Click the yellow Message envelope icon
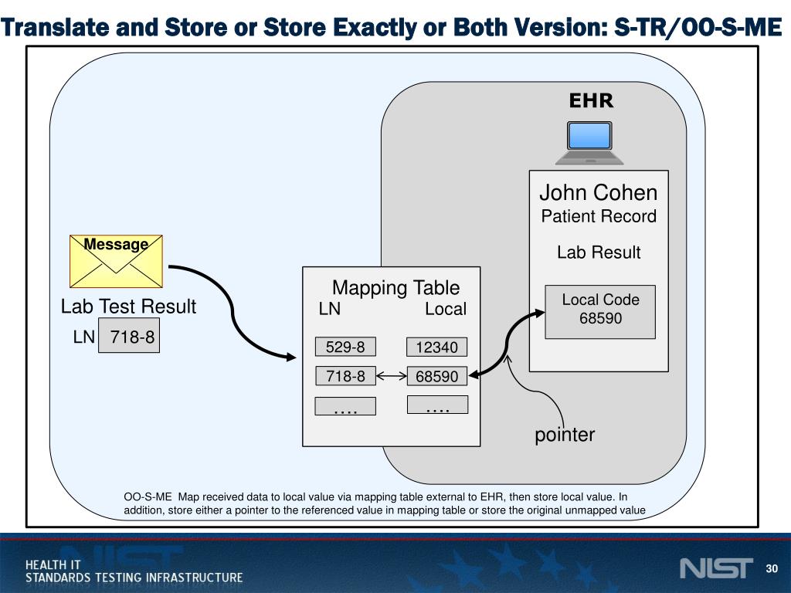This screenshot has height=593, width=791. [117, 261]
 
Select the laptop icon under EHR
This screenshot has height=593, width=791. [590, 143]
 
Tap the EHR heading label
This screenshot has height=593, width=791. [591, 101]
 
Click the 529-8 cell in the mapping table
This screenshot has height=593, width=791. [345, 347]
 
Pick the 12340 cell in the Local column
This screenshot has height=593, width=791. [436, 347]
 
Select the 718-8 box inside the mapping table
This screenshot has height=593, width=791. [345, 376]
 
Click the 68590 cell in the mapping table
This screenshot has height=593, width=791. [436, 377]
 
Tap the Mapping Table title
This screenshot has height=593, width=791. [395, 288]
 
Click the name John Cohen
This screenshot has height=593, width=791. [599, 192]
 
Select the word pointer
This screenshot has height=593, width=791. [565, 435]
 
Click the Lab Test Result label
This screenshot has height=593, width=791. [128, 307]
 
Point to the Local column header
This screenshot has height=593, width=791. [446, 309]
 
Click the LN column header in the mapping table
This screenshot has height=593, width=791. [330, 309]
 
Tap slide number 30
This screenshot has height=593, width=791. [770, 569]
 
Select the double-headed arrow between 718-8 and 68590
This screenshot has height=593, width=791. [391, 376]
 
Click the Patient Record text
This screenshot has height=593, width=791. [599, 216]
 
